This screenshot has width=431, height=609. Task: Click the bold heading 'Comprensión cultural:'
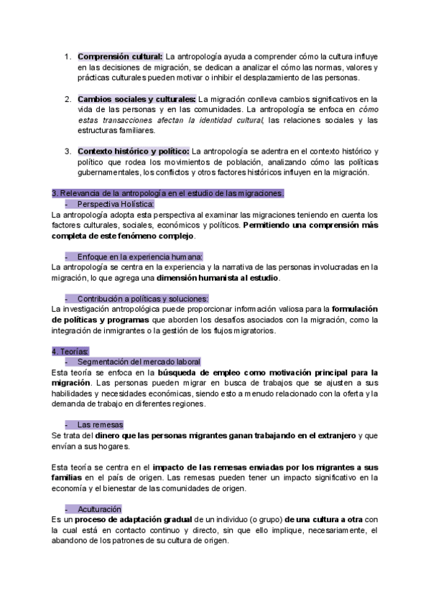click(x=121, y=56)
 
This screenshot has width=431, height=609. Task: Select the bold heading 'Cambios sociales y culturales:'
click(x=136, y=98)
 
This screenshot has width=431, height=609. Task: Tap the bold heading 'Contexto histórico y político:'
click(x=134, y=151)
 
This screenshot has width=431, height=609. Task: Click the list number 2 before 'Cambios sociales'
click(x=68, y=98)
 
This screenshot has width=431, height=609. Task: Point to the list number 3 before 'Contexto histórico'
click(x=68, y=151)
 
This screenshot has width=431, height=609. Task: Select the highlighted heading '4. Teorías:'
click(x=70, y=351)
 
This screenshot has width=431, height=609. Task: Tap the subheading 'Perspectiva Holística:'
click(x=115, y=204)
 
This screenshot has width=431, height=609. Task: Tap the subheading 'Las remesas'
click(x=100, y=424)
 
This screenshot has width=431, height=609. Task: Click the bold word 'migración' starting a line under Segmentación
click(x=71, y=383)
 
